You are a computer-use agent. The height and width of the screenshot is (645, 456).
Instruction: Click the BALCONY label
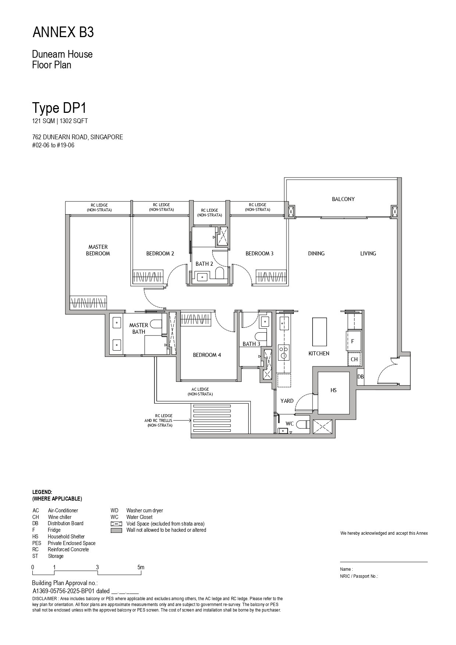pos(343,199)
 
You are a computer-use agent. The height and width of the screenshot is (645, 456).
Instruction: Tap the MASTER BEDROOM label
pos(98,250)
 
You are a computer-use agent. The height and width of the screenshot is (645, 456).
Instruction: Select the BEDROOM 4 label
pos(207,355)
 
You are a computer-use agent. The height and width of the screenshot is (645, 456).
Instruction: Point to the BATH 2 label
pos(204,264)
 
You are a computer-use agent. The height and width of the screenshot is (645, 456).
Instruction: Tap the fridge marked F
pos(353,341)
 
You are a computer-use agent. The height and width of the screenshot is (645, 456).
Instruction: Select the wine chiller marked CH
pos(354,359)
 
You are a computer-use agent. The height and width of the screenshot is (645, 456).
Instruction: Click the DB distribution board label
pos(360,377)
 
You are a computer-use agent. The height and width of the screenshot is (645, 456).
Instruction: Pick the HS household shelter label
pos(334,390)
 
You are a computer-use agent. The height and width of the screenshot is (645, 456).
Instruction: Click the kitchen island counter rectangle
pos(320,332)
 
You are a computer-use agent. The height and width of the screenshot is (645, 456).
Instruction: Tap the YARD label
pos(287,401)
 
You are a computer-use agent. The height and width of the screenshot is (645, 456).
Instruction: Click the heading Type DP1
pos(59,108)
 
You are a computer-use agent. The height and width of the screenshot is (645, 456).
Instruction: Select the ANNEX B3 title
pos(63,33)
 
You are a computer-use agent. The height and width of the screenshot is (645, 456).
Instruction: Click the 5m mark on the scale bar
pos(141,567)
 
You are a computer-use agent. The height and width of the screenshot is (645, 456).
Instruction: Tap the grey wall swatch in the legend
pos(116,530)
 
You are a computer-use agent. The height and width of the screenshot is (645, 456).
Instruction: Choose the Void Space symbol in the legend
pos(116,524)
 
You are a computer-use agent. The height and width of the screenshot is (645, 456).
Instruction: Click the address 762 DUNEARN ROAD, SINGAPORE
pos(78,137)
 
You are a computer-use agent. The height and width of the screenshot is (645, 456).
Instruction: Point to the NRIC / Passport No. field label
pos(359,576)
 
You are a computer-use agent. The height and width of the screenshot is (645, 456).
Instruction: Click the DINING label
pos(316,254)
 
